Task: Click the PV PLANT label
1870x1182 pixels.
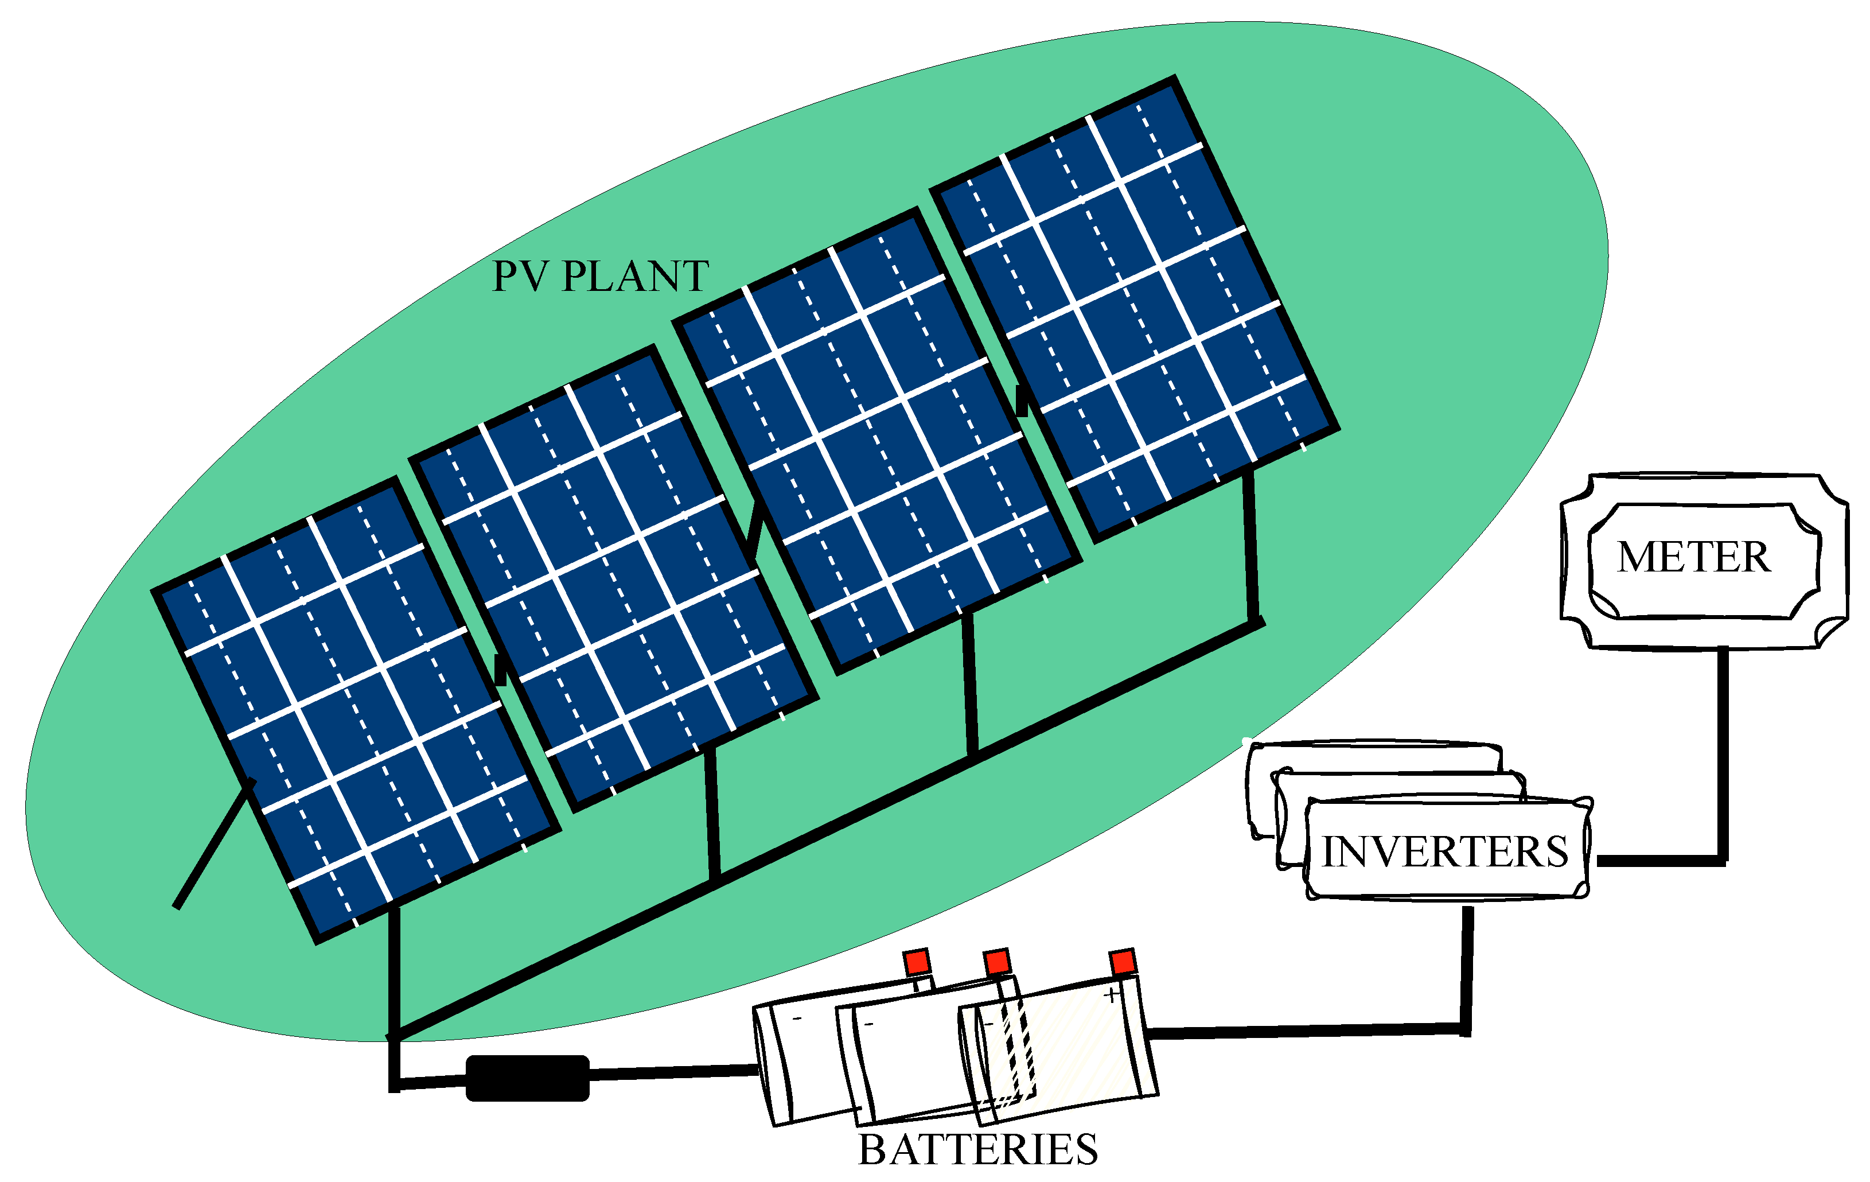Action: [601, 277]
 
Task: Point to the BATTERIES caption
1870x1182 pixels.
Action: [977, 1150]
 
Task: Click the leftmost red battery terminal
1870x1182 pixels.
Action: [917, 963]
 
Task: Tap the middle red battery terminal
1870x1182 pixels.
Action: [997, 963]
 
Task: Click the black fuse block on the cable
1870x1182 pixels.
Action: [527, 1078]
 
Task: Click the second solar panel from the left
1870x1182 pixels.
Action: [614, 578]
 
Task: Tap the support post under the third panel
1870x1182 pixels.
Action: [970, 683]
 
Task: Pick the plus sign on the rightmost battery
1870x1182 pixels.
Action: [1113, 995]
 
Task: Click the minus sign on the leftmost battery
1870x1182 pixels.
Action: [797, 1018]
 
